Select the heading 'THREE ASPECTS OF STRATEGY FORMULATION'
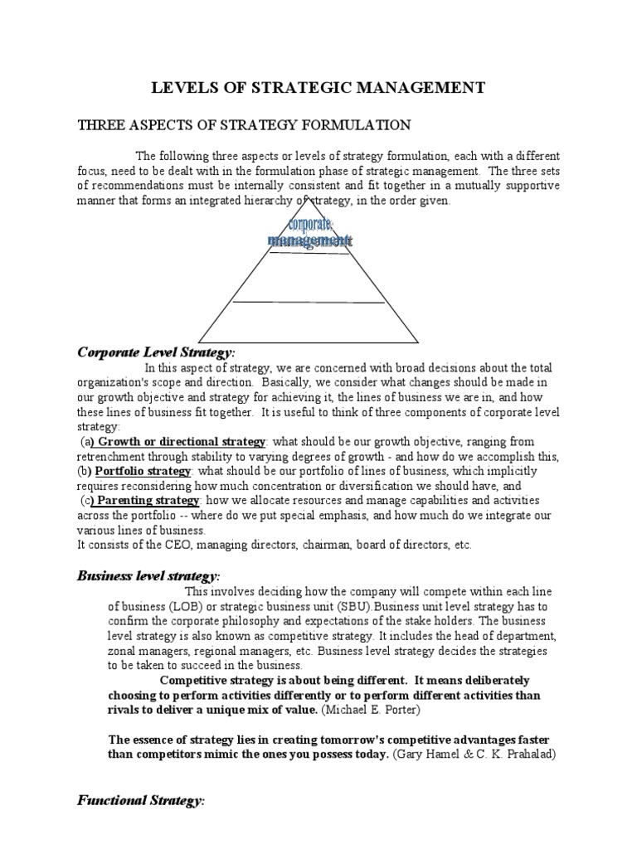point(244,125)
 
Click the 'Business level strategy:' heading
point(149,575)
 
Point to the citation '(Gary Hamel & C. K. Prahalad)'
point(479,754)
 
